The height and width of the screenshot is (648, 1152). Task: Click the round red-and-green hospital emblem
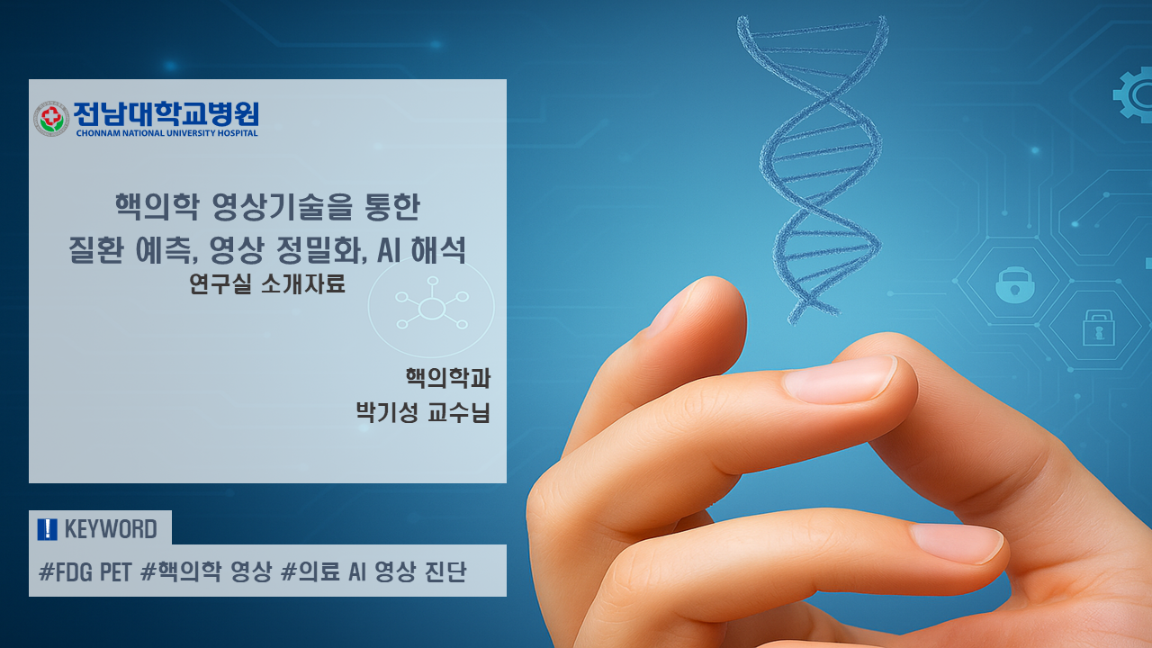(51, 119)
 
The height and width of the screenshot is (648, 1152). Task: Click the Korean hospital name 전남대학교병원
(166, 113)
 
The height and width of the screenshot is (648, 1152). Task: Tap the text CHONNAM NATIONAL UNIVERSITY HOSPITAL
(166, 133)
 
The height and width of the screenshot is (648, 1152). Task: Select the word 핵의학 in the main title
(157, 207)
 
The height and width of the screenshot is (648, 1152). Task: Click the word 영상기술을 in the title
(283, 207)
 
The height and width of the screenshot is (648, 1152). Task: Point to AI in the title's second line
(390, 250)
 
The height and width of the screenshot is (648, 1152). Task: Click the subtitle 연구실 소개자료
(267, 283)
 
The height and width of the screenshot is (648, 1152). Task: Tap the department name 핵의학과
(448, 378)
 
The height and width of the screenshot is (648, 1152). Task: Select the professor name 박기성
(387, 412)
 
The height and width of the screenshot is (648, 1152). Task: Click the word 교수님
(459, 412)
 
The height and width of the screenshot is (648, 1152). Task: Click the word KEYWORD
(111, 529)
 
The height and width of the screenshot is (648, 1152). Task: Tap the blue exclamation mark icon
(48, 529)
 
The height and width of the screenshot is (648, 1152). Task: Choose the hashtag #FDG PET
(85, 571)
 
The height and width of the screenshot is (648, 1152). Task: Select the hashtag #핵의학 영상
(206, 571)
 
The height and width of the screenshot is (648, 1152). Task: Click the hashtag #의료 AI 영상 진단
(373, 571)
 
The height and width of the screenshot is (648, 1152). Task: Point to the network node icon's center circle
(431, 309)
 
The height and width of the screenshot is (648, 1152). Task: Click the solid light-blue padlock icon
(1014, 285)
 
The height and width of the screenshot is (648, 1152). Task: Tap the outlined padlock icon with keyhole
(1099, 328)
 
